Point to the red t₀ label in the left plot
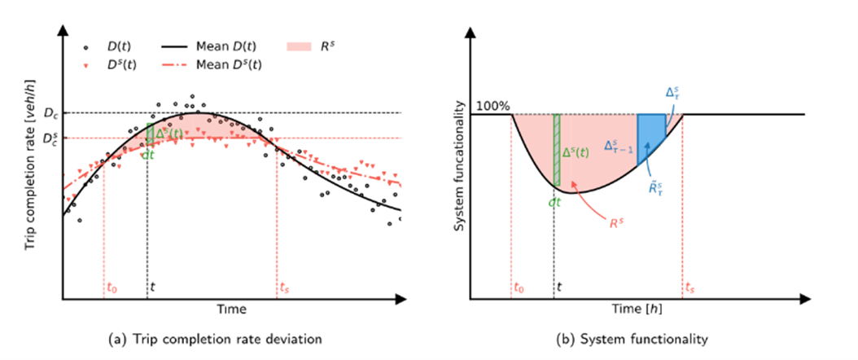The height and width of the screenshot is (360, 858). click(112, 287)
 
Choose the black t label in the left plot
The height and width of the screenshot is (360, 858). click(151, 287)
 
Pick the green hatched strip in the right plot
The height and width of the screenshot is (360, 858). click(557, 151)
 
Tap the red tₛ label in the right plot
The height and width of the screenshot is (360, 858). click(690, 287)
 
